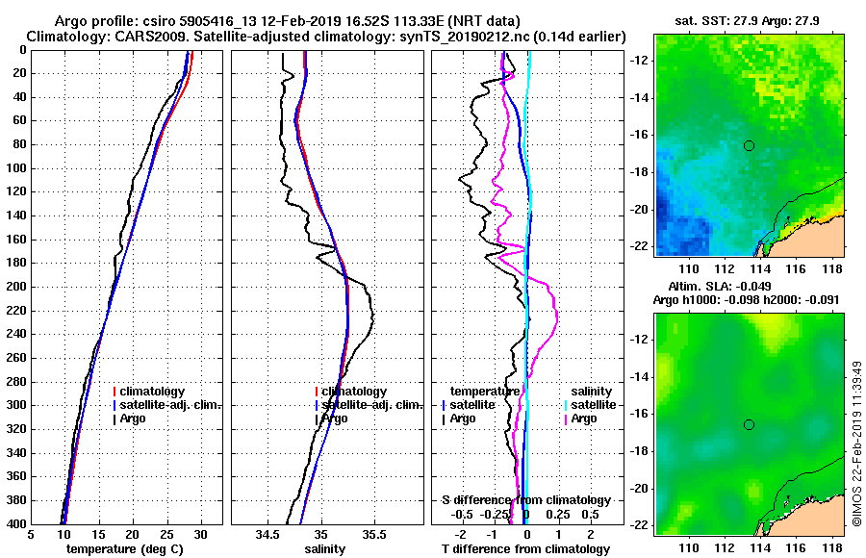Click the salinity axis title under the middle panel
click(x=325, y=549)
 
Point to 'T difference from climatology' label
click(x=525, y=549)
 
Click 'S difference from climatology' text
click(x=525, y=500)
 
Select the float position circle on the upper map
click(x=749, y=145)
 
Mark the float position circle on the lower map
click(x=749, y=424)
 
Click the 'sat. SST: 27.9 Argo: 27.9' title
click(x=748, y=19)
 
